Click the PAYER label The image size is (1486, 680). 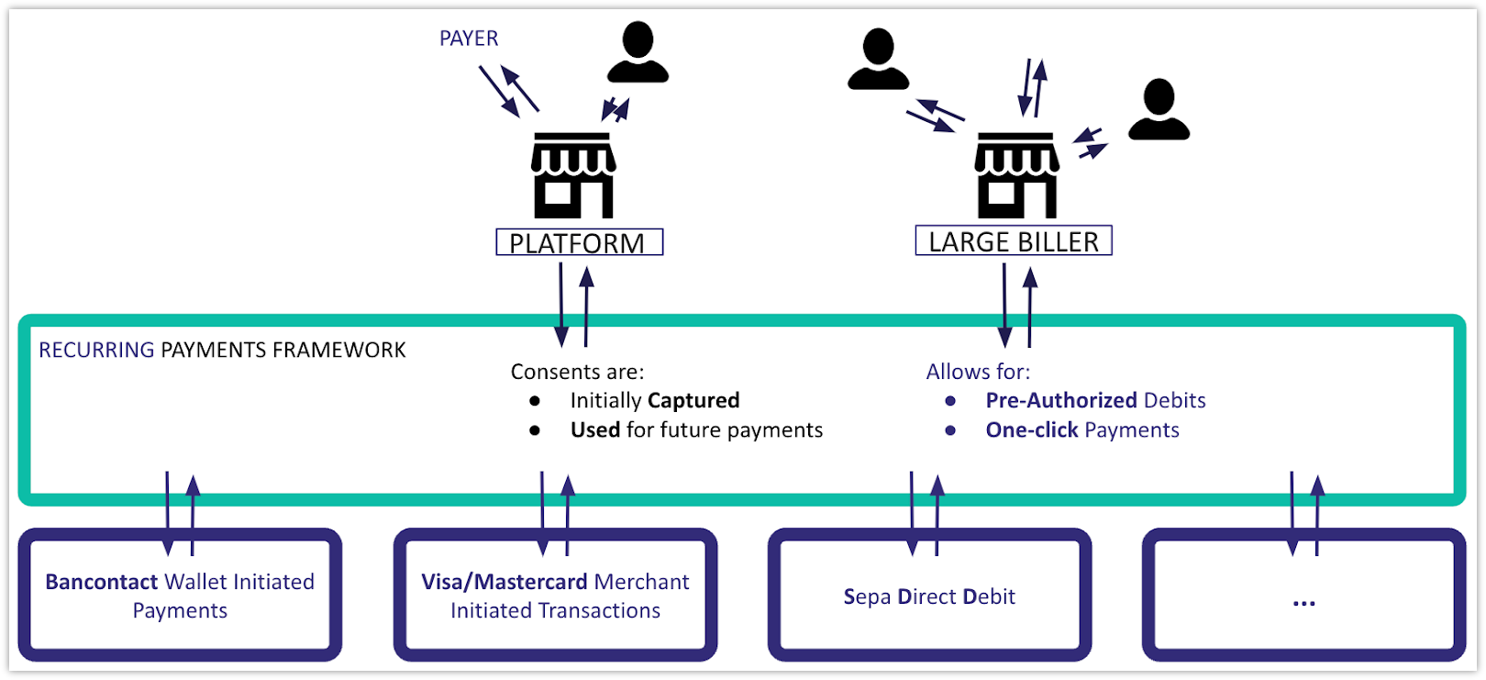pos(469,39)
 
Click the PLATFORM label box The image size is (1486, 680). pos(579,242)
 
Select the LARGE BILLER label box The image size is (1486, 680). pos(1013,240)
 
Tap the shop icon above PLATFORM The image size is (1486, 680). pos(573,175)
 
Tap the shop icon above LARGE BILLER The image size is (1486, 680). pos(1015,175)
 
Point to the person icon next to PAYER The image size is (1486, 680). pos(638,53)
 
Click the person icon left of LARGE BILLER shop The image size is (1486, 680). pos(878,60)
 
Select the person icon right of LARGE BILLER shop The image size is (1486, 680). pos(1159,110)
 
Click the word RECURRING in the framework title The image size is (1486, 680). pos(96,350)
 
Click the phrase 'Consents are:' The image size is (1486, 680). pos(577,372)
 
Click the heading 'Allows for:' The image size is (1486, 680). pos(978,372)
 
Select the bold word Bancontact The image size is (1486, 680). pos(101,582)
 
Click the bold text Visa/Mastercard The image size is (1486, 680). pos(504,582)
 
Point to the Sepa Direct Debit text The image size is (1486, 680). pos(928,596)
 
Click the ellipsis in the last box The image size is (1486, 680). pos(1303,602)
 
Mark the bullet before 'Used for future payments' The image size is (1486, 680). pos(535,429)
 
